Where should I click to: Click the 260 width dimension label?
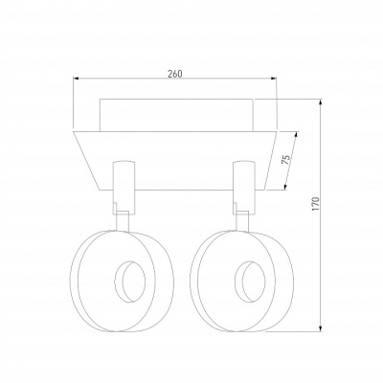[175, 74]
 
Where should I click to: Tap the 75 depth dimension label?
[286, 159]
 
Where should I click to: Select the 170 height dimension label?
[316, 204]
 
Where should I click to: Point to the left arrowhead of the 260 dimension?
[76, 78]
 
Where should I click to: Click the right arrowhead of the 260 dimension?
[274, 78]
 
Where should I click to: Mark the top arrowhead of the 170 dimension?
[321, 101]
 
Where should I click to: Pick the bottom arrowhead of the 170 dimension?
[321, 328]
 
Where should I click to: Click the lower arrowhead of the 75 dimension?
[285, 187]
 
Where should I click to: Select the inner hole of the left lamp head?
[130, 282]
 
